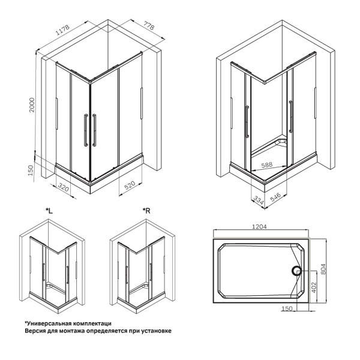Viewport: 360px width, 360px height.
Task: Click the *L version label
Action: [49, 211]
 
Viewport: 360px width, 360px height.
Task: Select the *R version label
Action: [146, 211]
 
